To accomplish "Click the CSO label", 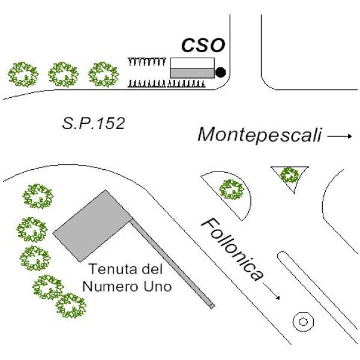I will [x=203, y=46].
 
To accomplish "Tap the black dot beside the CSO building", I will [x=220, y=73].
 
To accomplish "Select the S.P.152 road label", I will [x=93, y=124].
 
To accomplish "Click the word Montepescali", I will [x=259, y=135].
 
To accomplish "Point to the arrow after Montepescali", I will [x=340, y=136].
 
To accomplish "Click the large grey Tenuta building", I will [x=93, y=225].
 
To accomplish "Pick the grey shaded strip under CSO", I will [x=192, y=73].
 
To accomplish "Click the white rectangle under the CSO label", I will [x=192, y=63].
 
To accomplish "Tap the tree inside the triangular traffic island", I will [x=290, y=175].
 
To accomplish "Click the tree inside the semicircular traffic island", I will [x=231, y=190].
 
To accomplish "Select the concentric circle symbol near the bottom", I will [x=304, y=322].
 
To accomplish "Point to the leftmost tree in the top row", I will [x=23, y=74].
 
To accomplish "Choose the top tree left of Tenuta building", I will [x=37, y=196].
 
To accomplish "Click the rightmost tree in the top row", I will [x=104, y=74].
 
